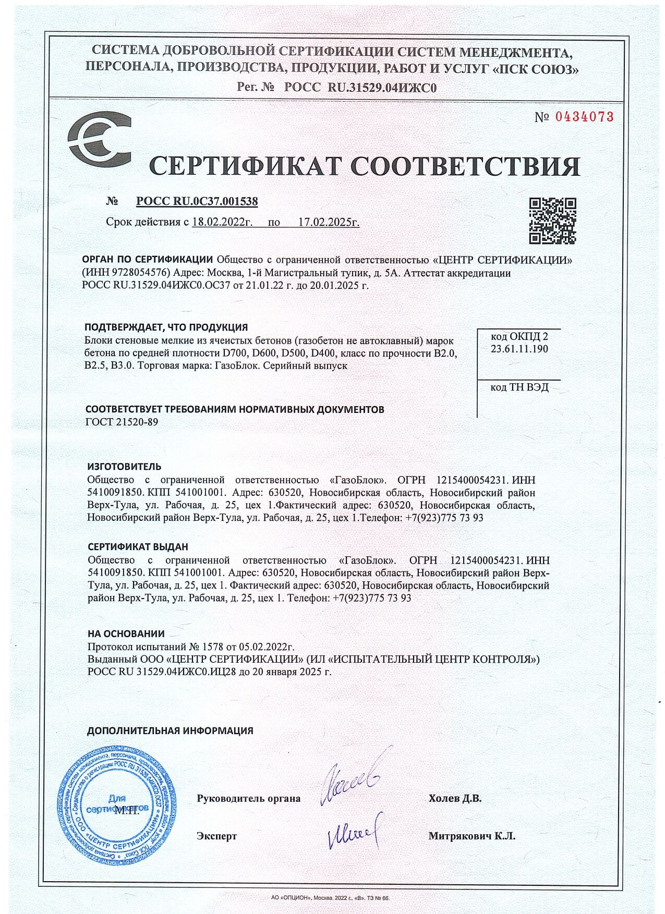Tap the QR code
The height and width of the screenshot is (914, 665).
pos(552,221)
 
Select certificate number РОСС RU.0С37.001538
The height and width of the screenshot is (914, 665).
pos(197,201)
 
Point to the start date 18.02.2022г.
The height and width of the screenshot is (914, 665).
pos(222,222)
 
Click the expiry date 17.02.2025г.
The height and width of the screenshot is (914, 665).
pos(329,222)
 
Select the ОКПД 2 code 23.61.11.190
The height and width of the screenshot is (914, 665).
pos(519,349)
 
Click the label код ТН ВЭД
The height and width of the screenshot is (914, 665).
pos(519,387)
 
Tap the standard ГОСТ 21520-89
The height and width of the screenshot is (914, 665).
pos(121,422)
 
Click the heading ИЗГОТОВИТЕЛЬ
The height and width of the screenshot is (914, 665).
pos(124,466)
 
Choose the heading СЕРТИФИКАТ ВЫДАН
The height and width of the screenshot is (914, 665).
pos(138,547)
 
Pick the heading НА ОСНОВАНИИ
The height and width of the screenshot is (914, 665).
pos(126,634)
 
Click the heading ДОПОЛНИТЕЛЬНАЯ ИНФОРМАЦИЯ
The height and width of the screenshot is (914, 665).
pos(170,730)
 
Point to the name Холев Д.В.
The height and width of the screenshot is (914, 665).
pos(455,798)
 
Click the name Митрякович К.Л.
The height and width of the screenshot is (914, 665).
pos(471,836)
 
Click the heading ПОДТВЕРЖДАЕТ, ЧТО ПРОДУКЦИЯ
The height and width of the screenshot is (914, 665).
pos(166,327)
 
